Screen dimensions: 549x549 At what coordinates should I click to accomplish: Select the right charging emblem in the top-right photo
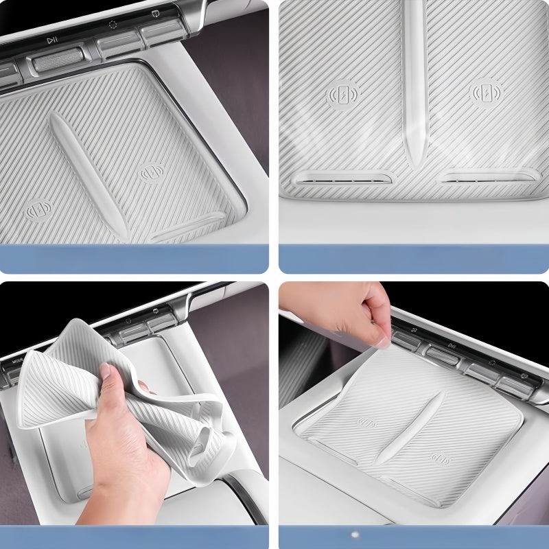(x=484, y=93)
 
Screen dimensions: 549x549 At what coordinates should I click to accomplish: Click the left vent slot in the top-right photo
(x=339, y=179)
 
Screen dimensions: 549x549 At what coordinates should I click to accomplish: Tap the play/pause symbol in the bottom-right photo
(x=451, y=345)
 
